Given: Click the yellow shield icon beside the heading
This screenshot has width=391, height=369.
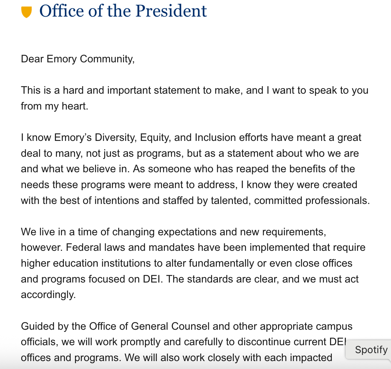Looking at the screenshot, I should tap(27, 12).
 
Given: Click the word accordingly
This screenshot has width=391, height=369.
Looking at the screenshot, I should tap(48, 295).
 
